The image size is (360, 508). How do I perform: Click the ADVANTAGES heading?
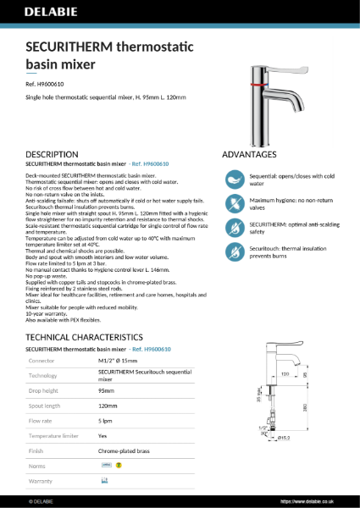[x=249, y=155]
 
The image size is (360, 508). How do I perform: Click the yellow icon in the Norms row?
[x=119, y=465]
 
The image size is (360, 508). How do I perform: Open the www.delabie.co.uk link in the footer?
[x=315, y=500]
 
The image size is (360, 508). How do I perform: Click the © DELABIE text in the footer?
[x=42, y=500]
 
